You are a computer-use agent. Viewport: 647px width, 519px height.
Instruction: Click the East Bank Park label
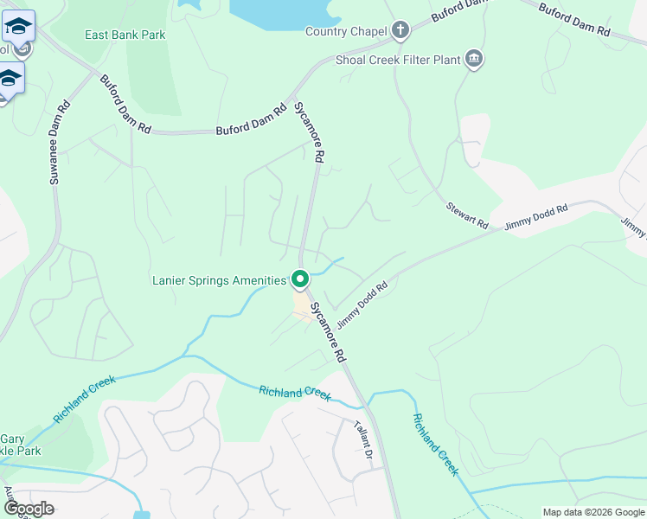tap(125, 35)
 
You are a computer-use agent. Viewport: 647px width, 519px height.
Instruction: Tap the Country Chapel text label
tap(346, 32)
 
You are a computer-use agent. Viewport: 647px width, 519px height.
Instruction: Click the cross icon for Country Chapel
tap(400, 31)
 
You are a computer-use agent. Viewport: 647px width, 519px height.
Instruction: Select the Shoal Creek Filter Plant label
tap(398, 61)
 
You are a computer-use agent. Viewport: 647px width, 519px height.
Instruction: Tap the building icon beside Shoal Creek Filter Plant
tap(473, 59)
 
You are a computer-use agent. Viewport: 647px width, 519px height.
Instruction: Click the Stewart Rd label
tap(467, 216)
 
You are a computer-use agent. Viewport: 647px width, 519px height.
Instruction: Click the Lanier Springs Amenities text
tap(219, 280)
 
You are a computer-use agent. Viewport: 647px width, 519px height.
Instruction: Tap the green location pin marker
tap(300, 279)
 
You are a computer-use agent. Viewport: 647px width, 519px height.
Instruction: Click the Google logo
tap(29, 509)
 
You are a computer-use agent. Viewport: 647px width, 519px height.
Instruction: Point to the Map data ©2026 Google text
tap(593, 512)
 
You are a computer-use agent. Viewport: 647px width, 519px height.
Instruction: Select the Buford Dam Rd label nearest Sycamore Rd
tap(251, 121)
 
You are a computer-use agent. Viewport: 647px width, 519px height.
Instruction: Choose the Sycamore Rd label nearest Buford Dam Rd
tap(309, 132)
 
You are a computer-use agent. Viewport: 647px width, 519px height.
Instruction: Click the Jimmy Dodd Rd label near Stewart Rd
tap(536, 215)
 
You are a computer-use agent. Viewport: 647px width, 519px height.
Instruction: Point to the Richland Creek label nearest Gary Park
tap(84, 397)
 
